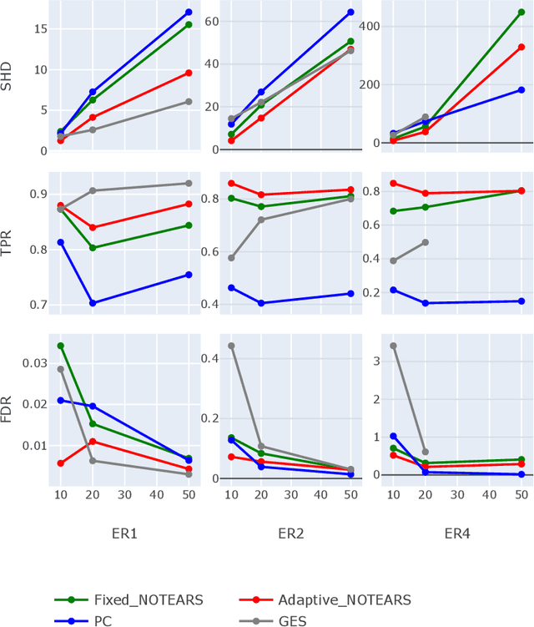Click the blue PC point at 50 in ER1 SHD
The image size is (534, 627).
coord(189,13)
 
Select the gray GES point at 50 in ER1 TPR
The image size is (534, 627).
coord(189,184)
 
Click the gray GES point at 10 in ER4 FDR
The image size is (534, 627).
coord(393,346)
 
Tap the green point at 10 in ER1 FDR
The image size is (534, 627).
coord(60,346)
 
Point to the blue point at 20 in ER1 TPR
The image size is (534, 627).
coord(93,303)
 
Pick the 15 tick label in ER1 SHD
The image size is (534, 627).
coord(38,28)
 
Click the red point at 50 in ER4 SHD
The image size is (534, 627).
coord(521,47)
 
